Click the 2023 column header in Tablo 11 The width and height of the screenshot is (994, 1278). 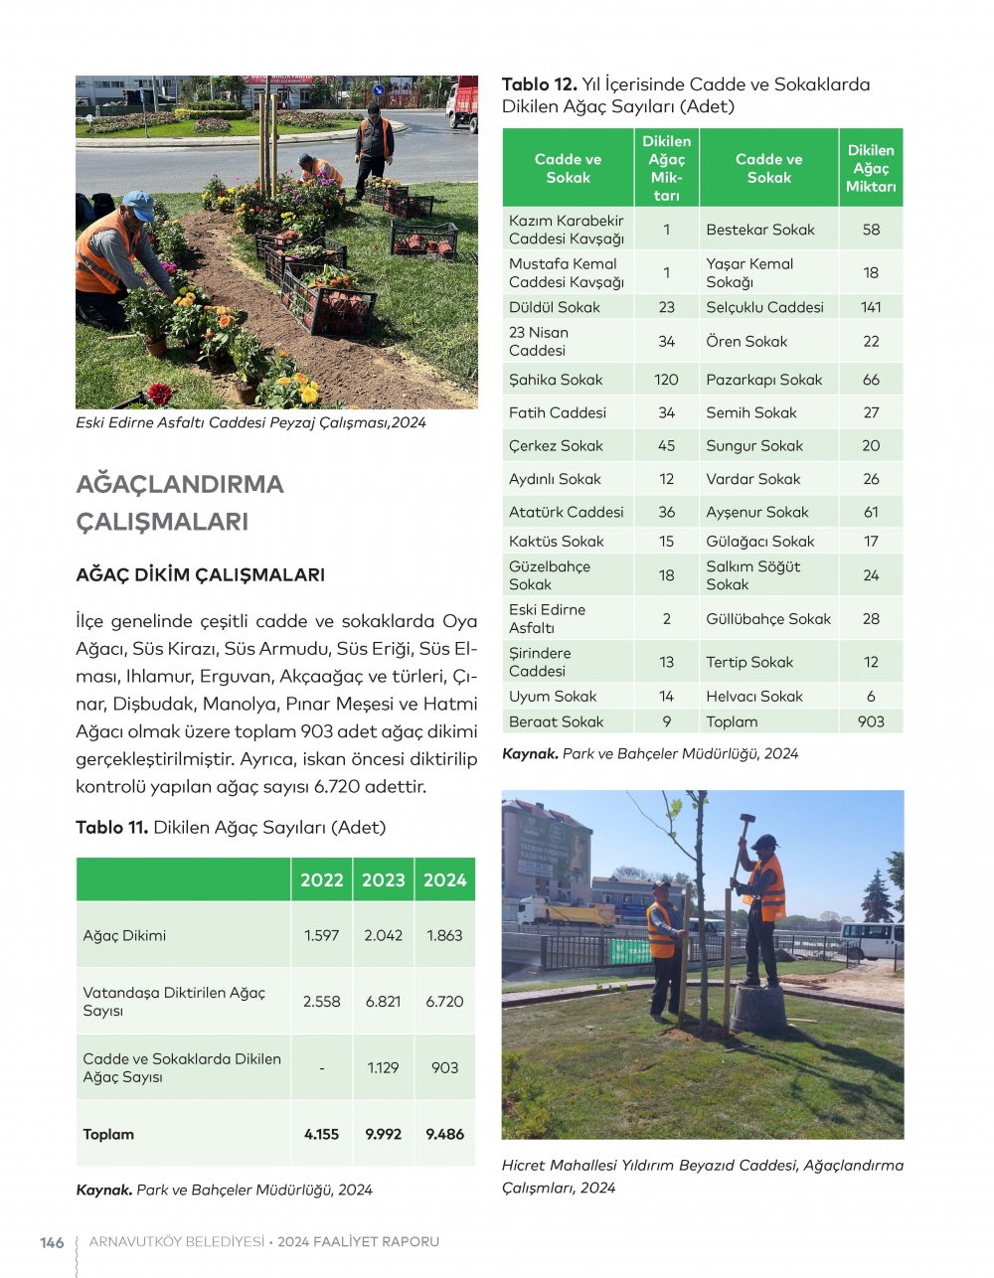pyautogui.click(x=383, y=879)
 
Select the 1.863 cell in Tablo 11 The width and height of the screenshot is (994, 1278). pyautogui.click(x=444, y=935)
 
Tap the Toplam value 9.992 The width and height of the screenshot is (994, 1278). pyautogui.click(x=383, y=1134)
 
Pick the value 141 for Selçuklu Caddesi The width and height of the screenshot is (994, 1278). pyautogui.click(x=871, y=307)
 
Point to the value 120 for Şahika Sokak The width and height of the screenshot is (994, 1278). pyautogui.click(x=666, y=380)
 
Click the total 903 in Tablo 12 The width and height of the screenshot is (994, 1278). pyautogui.click(x=871, y=721)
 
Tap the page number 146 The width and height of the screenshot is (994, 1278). pyautogui.click(x=52, y=1242)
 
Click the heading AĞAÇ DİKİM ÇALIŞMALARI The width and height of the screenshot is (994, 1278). pyautogui.click(x=201, y=574)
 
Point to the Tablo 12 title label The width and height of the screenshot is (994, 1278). pyautogui.click(x=539, y=84)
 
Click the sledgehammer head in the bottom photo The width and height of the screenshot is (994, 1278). pyautogui.click(x=745, y=820)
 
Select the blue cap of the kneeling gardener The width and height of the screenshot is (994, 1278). pyautogui.click(x=138, y=205)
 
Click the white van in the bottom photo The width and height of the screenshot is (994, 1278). pyautogui.click(x=872, y=938)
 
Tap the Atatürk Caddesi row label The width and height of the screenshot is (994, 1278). pyautogui.click(x=566, y=512)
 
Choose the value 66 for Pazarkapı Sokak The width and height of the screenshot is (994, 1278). pyautogui.click(x=871, y=380)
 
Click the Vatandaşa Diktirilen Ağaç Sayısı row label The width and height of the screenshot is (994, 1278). pyautogui.click(x=174, y=1001)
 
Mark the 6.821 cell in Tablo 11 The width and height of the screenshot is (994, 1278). pyautogui.click(x=383, y=1002)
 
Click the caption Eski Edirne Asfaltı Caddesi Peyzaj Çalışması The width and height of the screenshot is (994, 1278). pyautogui.click(x=250, y=422)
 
